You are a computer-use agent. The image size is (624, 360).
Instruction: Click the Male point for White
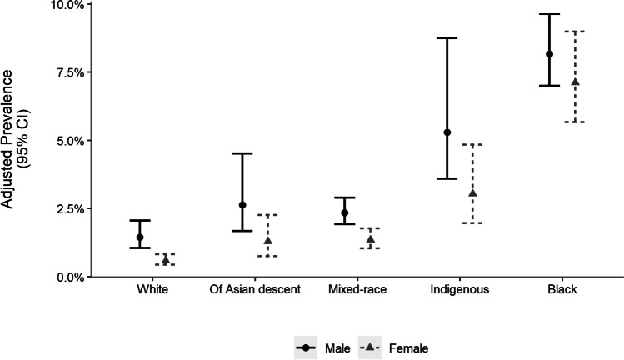(x=140, y=237)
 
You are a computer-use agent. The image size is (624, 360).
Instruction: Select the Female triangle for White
(x=165, y=260)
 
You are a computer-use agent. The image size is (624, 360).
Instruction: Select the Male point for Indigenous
(x=447, y=132)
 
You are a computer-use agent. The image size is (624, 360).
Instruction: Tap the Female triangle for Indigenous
(x=472, y=193)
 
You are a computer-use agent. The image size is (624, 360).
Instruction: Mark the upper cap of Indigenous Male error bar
(x=447, y=38)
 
